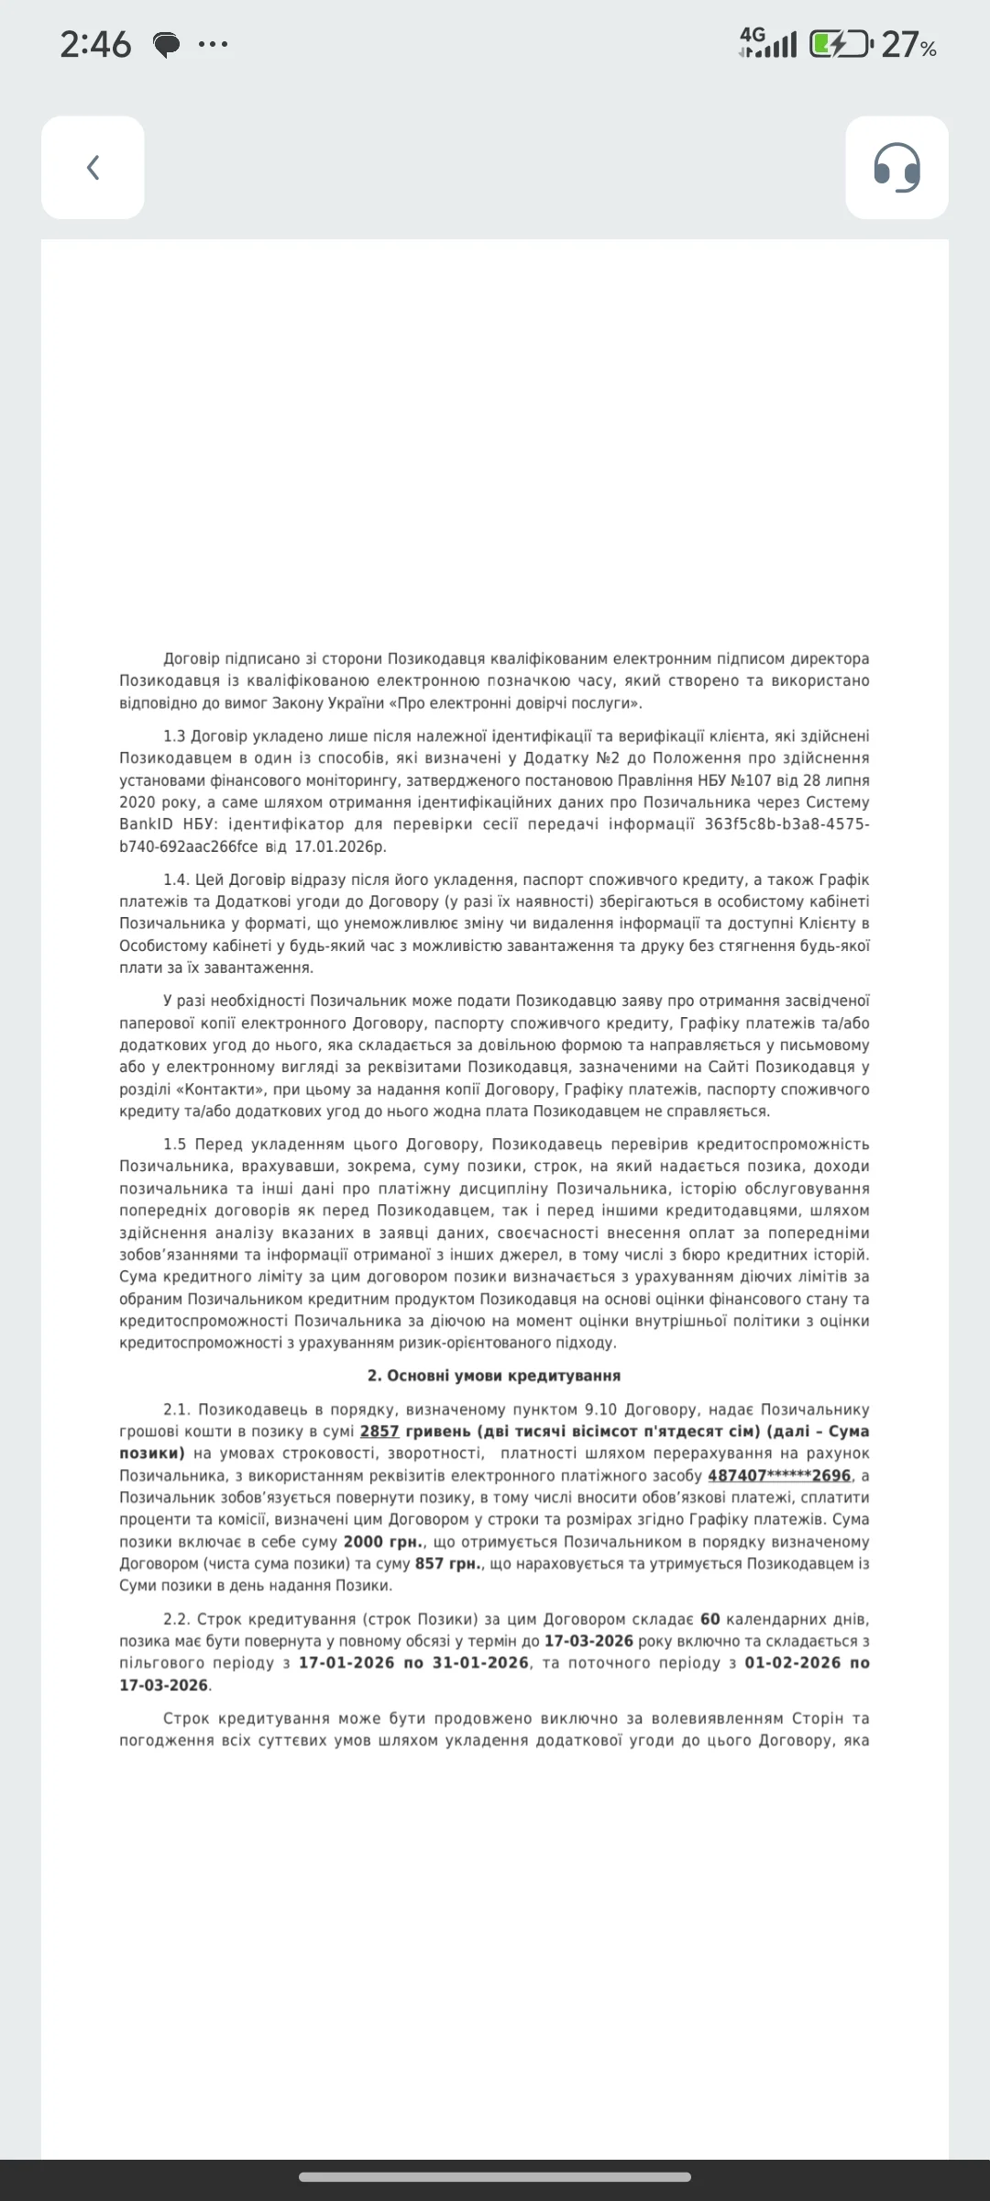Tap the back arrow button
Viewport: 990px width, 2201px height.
tap(93, 168)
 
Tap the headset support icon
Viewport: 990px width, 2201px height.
tap(896, 168)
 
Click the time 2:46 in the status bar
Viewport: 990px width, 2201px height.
tap(95, 44)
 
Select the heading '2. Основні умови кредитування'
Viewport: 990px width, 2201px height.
tap(494, 1376)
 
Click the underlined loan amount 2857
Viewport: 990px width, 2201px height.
tap(379, 1432)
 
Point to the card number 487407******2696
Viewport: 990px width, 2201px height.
tap(779, 1476)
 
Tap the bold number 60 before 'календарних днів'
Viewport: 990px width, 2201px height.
tap(710, 1620)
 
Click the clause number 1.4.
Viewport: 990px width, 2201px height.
tap(175, 879)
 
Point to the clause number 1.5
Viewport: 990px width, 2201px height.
tap(175, 1145)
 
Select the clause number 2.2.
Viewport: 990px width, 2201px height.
tap(176, 1620)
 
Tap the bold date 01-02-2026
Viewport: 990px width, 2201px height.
tap(792, 1663)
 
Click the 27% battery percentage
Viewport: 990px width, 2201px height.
tap(908, 44)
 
